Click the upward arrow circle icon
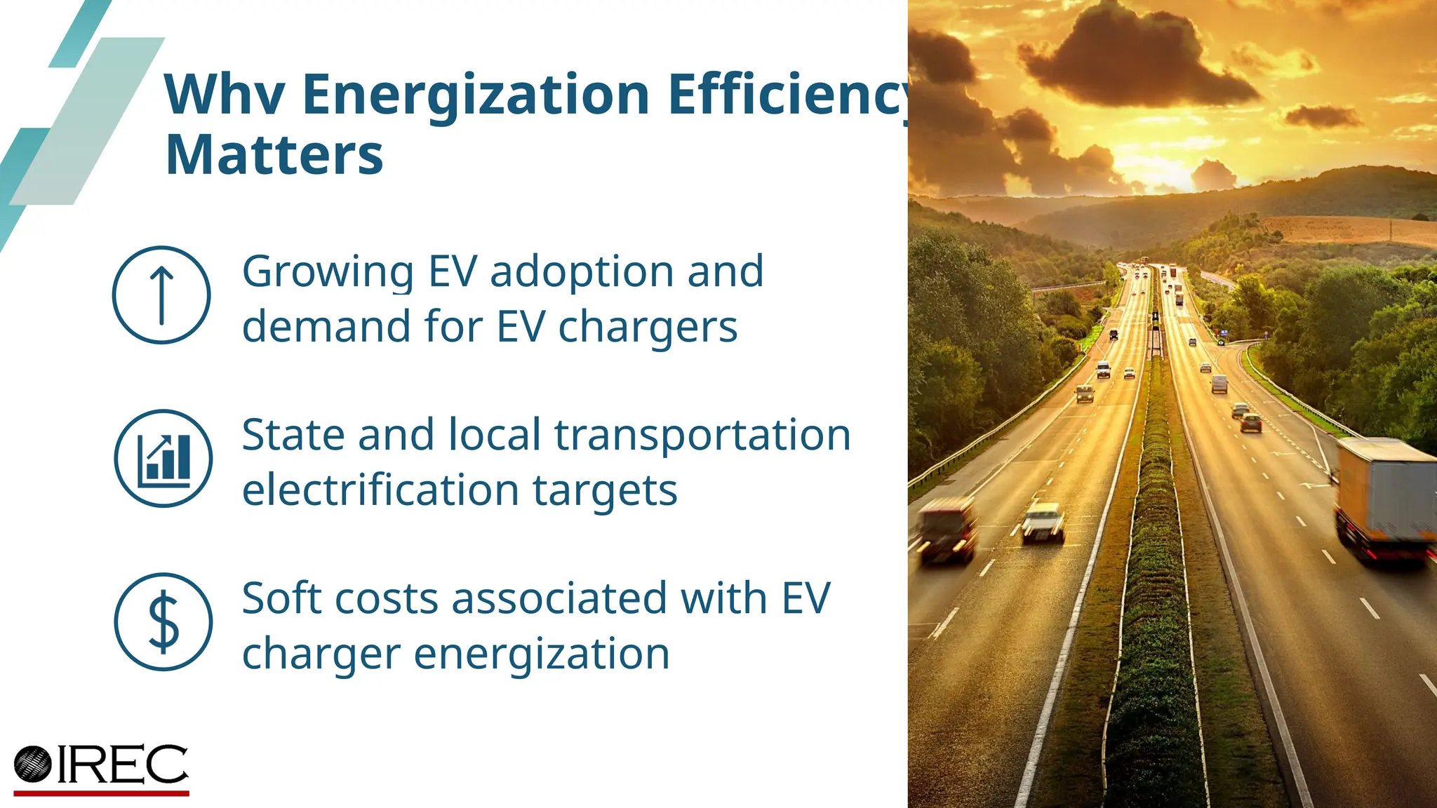click(161, 295)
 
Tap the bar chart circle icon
click(163, 459)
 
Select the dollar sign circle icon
click(163, 622)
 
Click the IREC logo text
click(123, 765)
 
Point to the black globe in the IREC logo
click(33, 765)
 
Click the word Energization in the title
click(476, 95)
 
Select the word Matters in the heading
click(274, 155)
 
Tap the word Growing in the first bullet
click(328, 272)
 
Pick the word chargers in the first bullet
click(648, 328)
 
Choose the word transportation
click(702, 435)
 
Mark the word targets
click(605, 491)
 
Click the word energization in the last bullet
click(542, 654)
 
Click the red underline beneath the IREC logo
click(102, 793)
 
